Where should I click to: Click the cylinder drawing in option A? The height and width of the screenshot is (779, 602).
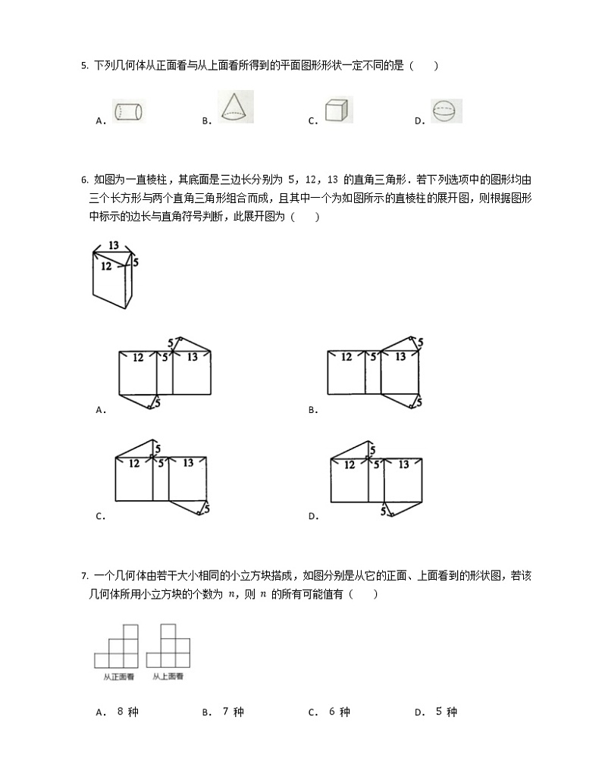pyautogui.click(x=127, y=112)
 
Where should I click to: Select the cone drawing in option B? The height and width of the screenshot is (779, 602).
pyautogui.click(x=235, y=107)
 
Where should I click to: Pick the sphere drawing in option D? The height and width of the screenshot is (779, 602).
pyautogui.click(x=446, y=111)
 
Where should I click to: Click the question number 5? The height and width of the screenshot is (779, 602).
pyautogui.click(x=83, y=66)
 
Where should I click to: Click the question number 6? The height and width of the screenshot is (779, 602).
pyautogui.click(x=83, y=180)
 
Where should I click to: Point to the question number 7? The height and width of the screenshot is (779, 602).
pyautogui.click(x=83, y=577)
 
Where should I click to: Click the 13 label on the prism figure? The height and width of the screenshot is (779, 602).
pyautogui.click(x=114, y=246)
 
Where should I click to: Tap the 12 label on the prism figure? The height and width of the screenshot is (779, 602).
pyautogui.click(x=107, y=266)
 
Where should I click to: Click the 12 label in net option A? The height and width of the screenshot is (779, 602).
pyautogui.click(x=139, y=357)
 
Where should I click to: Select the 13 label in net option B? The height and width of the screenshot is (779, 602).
pyautogui.click(x=400, y=356)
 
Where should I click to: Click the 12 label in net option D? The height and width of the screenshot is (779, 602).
pyautogui.click(x=349, y=465)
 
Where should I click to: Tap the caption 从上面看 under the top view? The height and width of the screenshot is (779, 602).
pyautogui.click(x=168, y=677)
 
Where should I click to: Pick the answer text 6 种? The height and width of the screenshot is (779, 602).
pyautogui.click(x=340, y=712)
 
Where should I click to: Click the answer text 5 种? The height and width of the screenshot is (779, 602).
pyautogui.click(x=447, y=712)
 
